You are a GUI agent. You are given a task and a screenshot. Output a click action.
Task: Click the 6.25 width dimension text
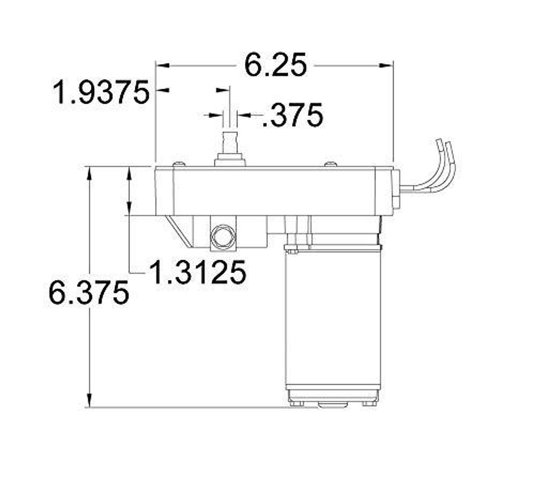[x=276, y=65]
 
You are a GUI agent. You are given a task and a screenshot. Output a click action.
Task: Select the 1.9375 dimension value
[x=101, y=92]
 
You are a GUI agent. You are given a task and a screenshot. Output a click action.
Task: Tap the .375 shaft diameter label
[x=293, y=115]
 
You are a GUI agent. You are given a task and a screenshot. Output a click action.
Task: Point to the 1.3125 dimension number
[x=197, y=273]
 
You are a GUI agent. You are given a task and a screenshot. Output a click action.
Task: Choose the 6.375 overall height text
[x=89, y=293]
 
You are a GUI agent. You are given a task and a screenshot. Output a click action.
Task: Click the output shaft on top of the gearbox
[x=230, y=144]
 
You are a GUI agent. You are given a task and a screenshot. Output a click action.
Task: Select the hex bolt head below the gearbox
[x=223, y=236]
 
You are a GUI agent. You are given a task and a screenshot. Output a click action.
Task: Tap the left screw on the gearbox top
[x=179, y=163]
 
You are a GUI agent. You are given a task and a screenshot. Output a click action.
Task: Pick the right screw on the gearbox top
[x=330, y=163]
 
